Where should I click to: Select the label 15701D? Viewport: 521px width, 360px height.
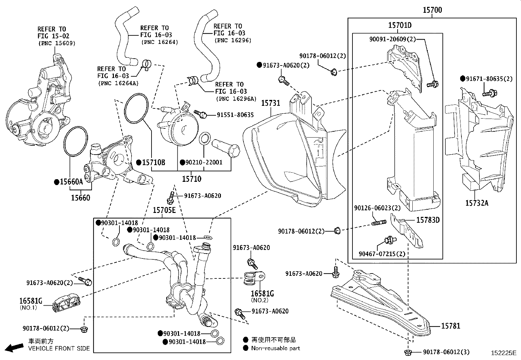(400, 25)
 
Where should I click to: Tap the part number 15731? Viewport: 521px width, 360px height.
(270, 104)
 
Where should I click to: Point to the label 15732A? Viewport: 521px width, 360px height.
(476, 203)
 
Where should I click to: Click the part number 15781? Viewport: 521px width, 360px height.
(451, 326)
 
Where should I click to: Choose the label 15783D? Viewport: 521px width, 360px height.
(428, 220)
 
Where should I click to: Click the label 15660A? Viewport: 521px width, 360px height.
(71, 182)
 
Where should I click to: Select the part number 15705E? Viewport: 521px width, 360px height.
(164, 210)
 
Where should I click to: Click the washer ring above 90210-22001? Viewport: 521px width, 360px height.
(205, 139)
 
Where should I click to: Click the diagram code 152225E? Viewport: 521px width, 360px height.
(503, 353)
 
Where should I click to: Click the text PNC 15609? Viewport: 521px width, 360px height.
(57, 43)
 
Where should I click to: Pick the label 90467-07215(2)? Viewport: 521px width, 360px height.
(382, 254)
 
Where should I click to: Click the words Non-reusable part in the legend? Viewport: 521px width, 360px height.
(276, 348)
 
